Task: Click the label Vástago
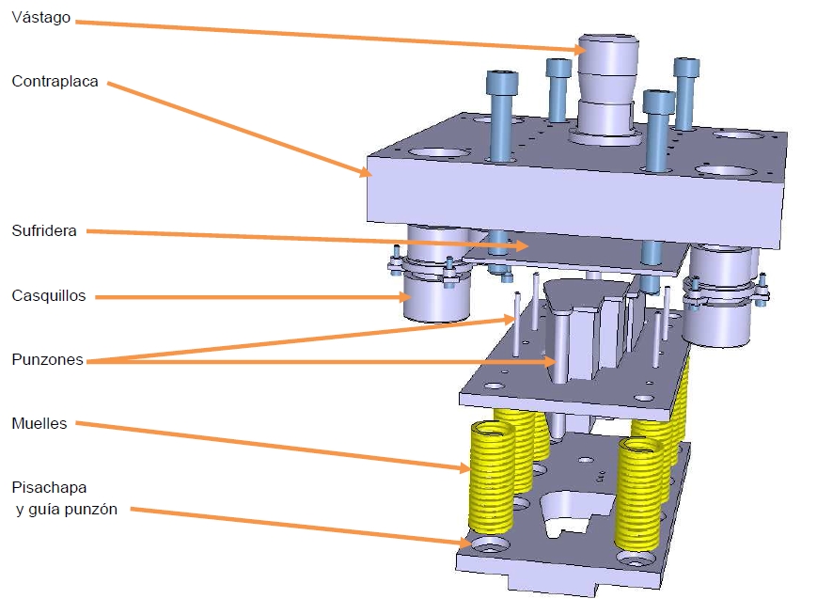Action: tap(41, 17)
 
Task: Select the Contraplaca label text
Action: tap(55, 81)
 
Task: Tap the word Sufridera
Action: tap(44, 230)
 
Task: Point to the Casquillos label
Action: tap(49, 295)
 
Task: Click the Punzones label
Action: tap(47, 359)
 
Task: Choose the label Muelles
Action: tap(39, 423)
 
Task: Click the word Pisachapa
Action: tap(49, 488)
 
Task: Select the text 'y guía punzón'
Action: tap(67, 510)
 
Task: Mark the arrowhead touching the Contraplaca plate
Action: tap(366, 171)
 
